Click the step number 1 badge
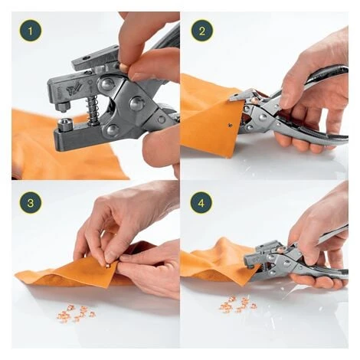pos(31,31)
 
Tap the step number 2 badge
pos(202,31)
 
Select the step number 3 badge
pos(31,203)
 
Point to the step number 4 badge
pos(201,203)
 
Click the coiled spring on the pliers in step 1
pos(93,110)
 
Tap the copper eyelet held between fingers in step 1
pos(123,67)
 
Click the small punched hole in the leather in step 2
pos(231,125)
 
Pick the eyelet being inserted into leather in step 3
pos(108,266)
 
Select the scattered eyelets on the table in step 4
pos(238,304)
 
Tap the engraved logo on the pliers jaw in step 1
pos(72,89)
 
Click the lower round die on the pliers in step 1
pos(65,124)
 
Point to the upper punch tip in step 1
pos(62,106)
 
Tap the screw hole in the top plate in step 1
pos(87,57)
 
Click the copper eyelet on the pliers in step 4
pos(280,248)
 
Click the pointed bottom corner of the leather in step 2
pos(229,157)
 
